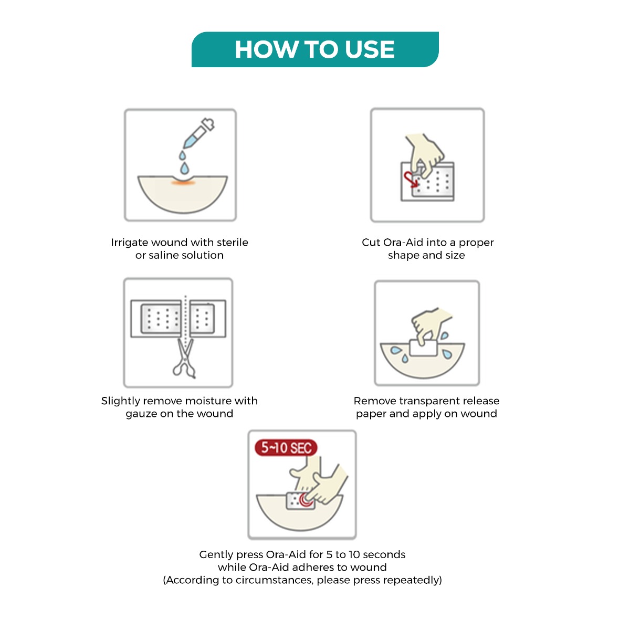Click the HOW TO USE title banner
pyautogui.click(x=315, y=49)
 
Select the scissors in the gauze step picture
pyautogui.click(x=184, y=360)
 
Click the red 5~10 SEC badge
pyautogui.click(x=286, y=448)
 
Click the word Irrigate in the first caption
pyautogui.click(x=129, y=243)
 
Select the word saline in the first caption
pyautogui.click(x=165, y=256)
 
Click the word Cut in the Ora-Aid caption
pyautogui.click(x=371, y=243)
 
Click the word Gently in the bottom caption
pyautogui.click(x=216, y=555)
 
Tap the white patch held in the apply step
pyautogui.click(x=423, y=348)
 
